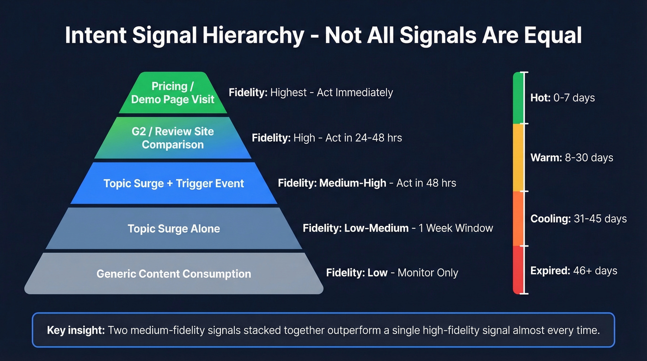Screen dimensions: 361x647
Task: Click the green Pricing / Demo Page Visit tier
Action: tap(173, 92)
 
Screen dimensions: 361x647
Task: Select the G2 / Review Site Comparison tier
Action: tap(173, 138)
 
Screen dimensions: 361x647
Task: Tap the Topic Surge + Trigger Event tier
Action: tap(174, 183)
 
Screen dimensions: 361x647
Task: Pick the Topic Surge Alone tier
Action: tap(174, 228)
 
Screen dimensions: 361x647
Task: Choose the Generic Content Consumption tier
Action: tap(174, 273)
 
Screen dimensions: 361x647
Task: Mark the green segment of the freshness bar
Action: tap(518, 98)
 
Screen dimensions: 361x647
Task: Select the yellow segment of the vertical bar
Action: tap(518, 158)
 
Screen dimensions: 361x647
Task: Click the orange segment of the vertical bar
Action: tap(518, 219)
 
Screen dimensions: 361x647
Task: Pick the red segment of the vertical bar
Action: tap(518, 270)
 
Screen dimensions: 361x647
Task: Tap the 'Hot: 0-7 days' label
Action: tap(562, 98)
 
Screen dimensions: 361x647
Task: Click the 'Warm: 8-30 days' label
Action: tap(572, 158)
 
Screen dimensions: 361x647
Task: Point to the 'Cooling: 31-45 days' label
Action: tap(579, 219)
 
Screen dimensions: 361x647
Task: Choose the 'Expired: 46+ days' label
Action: tap(574, 270)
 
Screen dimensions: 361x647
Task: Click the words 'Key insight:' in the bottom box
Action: tap(76, 330)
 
